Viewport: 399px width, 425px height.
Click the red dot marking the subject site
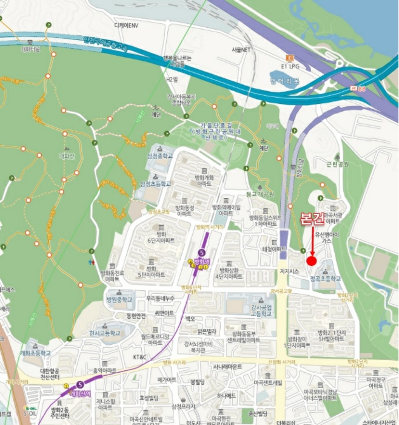(311, 261)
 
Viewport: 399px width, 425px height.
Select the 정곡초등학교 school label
(326, 279)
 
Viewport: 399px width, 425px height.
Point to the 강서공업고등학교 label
(265, 311)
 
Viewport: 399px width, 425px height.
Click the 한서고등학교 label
(105, 333)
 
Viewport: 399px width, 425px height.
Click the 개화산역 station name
(80, 393)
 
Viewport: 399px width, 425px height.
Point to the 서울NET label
(241, 50)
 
